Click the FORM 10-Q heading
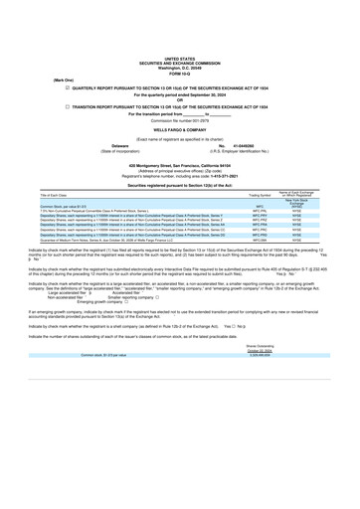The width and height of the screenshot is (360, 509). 180,23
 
